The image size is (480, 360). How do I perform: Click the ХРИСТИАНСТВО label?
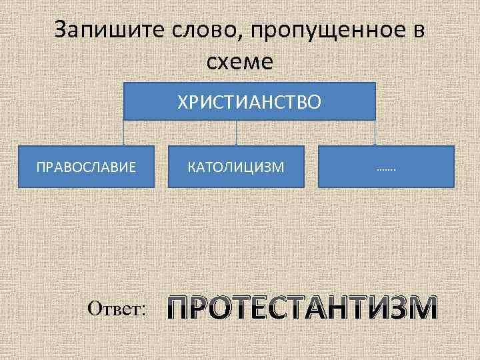[249, 101]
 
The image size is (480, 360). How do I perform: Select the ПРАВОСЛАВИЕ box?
[86, 165]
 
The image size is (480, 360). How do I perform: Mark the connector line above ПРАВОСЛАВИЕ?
[125, 133]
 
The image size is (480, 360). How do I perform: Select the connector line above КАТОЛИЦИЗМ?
[237, 133]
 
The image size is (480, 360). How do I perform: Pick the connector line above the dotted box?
[375, 133]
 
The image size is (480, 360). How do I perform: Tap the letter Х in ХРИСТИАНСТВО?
[181, 101]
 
